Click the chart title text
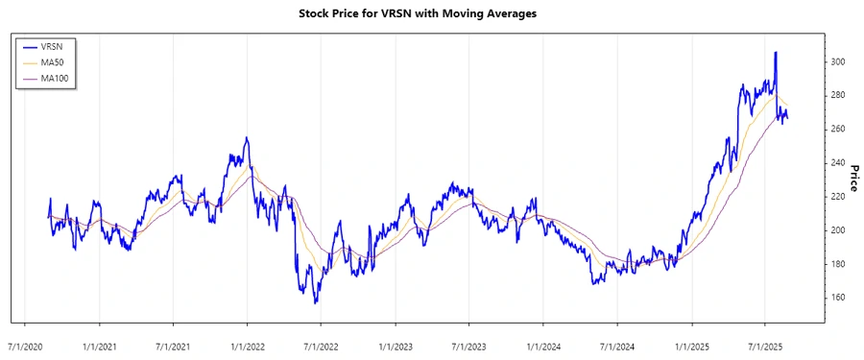point(431,14)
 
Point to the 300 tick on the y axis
point(838,61)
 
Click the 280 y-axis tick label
point(838,95)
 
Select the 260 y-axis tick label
point(838,129)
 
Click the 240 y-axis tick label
point(838,162)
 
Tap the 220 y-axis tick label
point(838,196)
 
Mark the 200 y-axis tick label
point(838,230)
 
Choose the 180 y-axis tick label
point(838,264)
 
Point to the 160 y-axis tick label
point(838,298)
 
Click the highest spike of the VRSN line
point(776,53)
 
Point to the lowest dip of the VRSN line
point(315,302)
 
